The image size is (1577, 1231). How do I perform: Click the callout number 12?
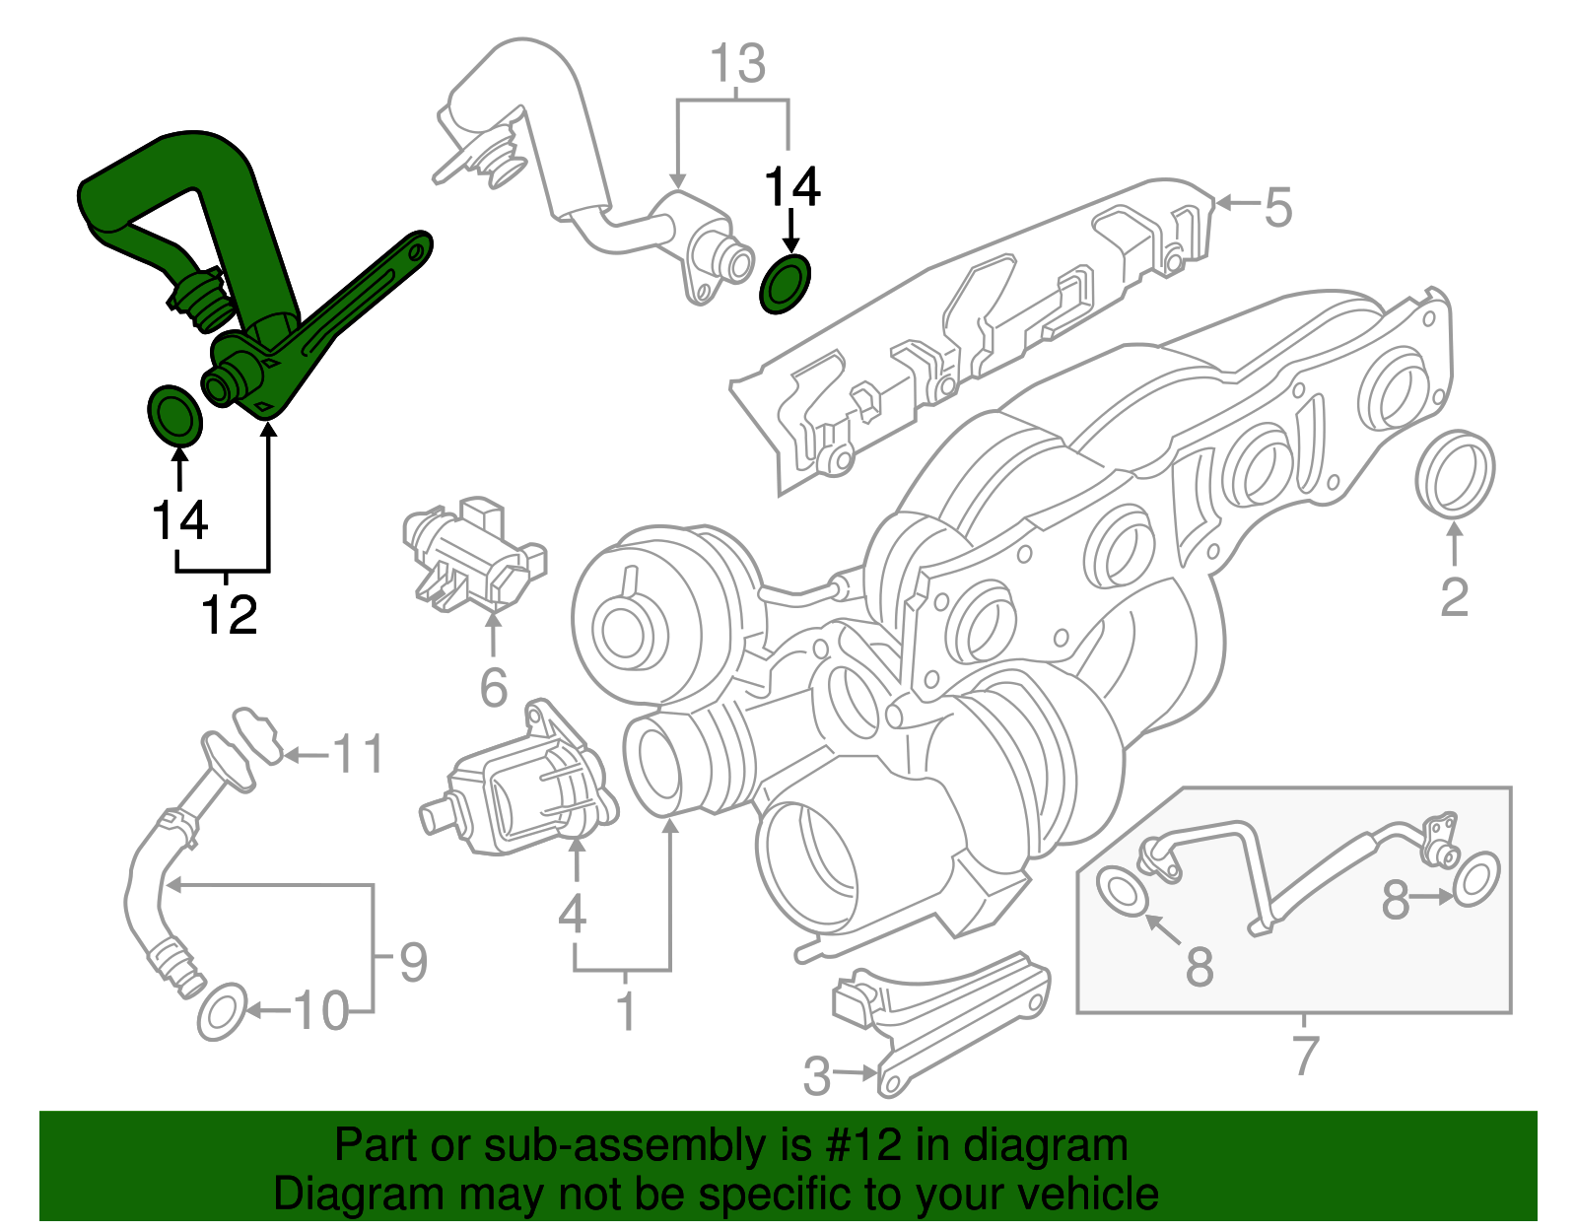pos(229,615)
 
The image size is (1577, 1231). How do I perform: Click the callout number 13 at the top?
pos(737,64)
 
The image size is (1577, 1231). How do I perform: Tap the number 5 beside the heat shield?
pos(1277,208)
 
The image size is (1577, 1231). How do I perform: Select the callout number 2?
pos(1454,597)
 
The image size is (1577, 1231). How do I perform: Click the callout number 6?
pos(493,687)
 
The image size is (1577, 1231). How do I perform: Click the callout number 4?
pos(572,914)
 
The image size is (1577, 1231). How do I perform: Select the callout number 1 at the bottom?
pos(626,1012)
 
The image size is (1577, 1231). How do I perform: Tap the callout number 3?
pos(816,1076)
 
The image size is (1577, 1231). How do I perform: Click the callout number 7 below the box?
pos(1304,1055)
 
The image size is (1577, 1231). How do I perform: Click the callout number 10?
pos(321,1011)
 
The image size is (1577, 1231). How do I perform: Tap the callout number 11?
pos(357,755)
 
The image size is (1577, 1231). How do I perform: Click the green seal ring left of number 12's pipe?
pos(174,416)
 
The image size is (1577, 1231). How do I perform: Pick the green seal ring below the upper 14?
pos(787,284)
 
